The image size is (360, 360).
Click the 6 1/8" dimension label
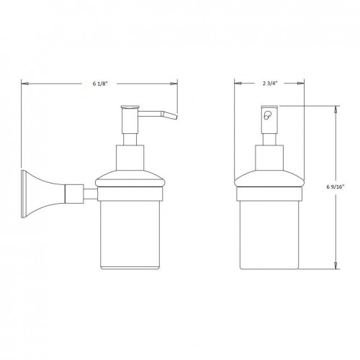point(99,84)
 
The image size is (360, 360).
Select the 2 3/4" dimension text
point(270,84)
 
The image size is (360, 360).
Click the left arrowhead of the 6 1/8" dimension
point(24,84)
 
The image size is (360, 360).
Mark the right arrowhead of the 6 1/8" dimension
point(176,84)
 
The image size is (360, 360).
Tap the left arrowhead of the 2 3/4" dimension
point(238,84)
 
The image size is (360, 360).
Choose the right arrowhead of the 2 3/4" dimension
point(302,84)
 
